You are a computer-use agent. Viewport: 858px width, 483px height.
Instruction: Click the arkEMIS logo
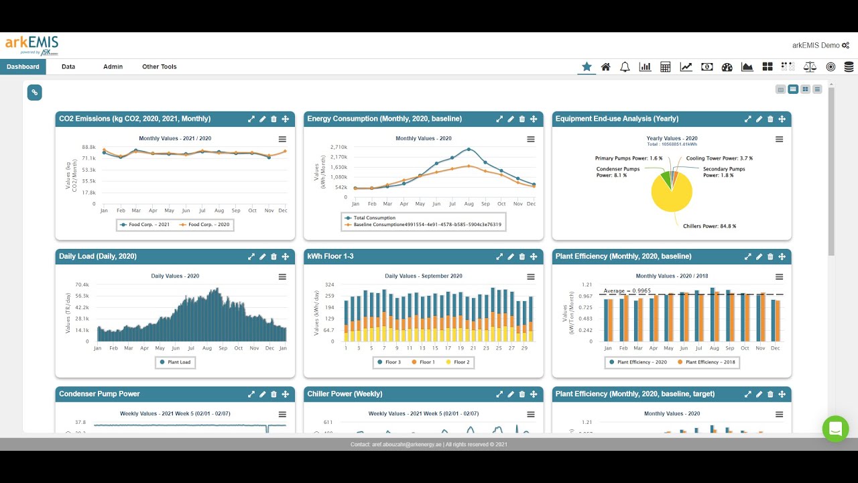(32, 44)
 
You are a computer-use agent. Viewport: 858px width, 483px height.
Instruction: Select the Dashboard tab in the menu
(23, 67)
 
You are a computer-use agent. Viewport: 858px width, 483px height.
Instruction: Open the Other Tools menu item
(159, 67)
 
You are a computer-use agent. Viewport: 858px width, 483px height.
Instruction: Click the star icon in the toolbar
(587, 66)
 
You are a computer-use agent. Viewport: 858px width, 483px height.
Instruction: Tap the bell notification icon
(625, 67)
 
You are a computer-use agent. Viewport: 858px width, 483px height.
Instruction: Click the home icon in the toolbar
(605, 67)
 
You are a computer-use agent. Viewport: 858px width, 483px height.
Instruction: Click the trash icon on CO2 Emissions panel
(273, 119)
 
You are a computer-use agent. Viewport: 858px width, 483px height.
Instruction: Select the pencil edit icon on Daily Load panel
(262, 256)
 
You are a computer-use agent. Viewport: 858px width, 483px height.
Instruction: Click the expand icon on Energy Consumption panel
(499, 119)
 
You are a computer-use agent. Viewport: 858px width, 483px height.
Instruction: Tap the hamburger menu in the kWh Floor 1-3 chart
(531, 277)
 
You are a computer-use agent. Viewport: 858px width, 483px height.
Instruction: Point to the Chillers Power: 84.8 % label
(709, 226)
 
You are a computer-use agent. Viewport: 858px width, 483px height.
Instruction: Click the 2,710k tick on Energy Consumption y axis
(338, 146)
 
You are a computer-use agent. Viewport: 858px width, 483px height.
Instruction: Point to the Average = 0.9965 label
(627, 290)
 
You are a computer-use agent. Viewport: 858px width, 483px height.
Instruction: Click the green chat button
(835, 429)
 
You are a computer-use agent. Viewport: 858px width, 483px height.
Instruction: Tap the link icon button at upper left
(35, 93)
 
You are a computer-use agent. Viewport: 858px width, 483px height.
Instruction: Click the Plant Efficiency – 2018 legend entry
(709, 362)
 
